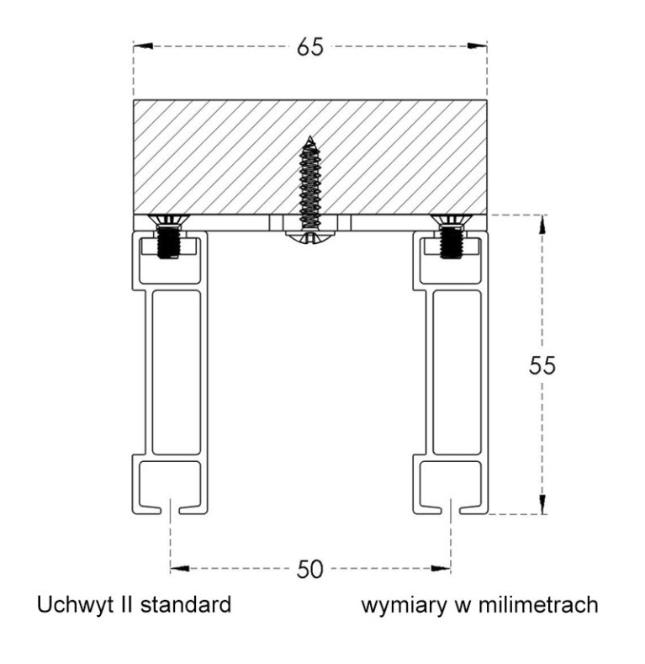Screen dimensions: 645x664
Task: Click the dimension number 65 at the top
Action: [x=309, y=46]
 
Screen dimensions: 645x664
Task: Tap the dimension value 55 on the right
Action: [x=542, y=365]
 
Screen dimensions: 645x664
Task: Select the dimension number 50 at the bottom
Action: [x=309, y=569]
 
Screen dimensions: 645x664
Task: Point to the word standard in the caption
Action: [x=185, y=605]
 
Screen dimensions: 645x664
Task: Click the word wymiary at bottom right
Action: [x=404, y=606]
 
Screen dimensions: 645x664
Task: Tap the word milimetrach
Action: [x=538, y=605]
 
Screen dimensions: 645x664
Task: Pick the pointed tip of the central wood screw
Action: [x=310, y=137]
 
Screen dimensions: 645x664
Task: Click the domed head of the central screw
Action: [x=309, y=237]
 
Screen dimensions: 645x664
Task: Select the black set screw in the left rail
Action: [x=169, y=242]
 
